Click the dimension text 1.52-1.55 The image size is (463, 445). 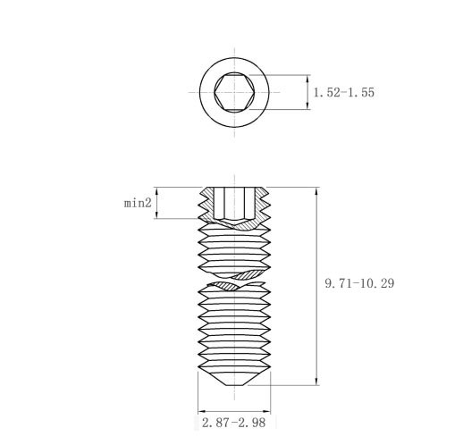tap(344, 92)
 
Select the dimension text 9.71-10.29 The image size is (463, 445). tap(359, 283)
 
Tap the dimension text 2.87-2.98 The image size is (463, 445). tap(233, 423)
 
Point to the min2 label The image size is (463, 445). tap(138, 203)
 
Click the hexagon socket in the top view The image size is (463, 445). tap(234, 92)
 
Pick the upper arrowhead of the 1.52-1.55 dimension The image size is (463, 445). tap(307, 79)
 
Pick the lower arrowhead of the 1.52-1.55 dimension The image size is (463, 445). tap(307, 105)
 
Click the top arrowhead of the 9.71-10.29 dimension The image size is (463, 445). tap(316, 191)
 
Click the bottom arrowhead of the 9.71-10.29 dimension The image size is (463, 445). tap(316, 381)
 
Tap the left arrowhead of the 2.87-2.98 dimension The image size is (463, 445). tap(202, 412)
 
